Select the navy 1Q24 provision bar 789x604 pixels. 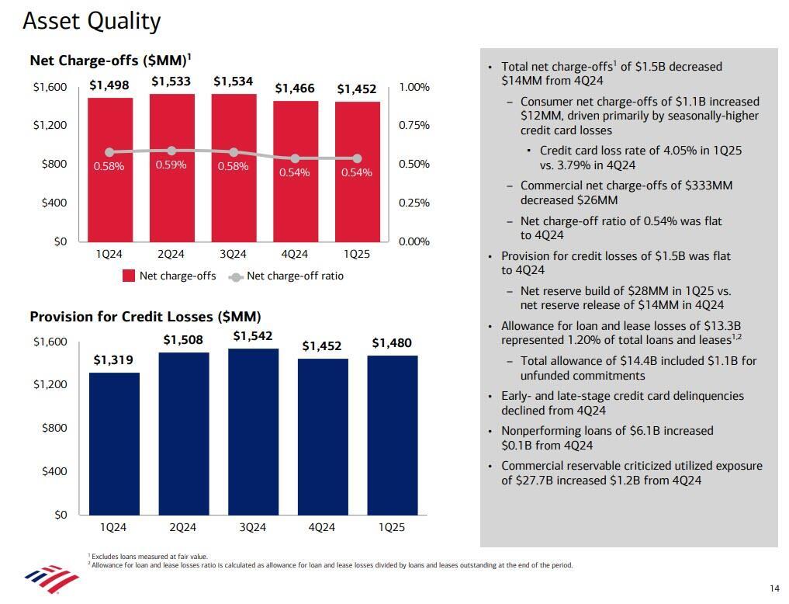113,443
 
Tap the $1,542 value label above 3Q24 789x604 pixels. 252,336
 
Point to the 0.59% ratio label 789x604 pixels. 171,165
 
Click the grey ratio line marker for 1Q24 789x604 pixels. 109,153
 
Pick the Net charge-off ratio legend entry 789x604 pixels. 295,276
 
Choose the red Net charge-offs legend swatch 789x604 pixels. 129,276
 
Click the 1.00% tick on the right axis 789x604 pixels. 414,88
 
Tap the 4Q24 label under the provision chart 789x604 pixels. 321,527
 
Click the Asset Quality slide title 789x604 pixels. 92,21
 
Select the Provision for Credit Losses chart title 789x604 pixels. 145,317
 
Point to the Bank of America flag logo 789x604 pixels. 51,578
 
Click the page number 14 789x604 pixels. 774,587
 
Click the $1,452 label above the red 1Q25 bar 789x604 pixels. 356,89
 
